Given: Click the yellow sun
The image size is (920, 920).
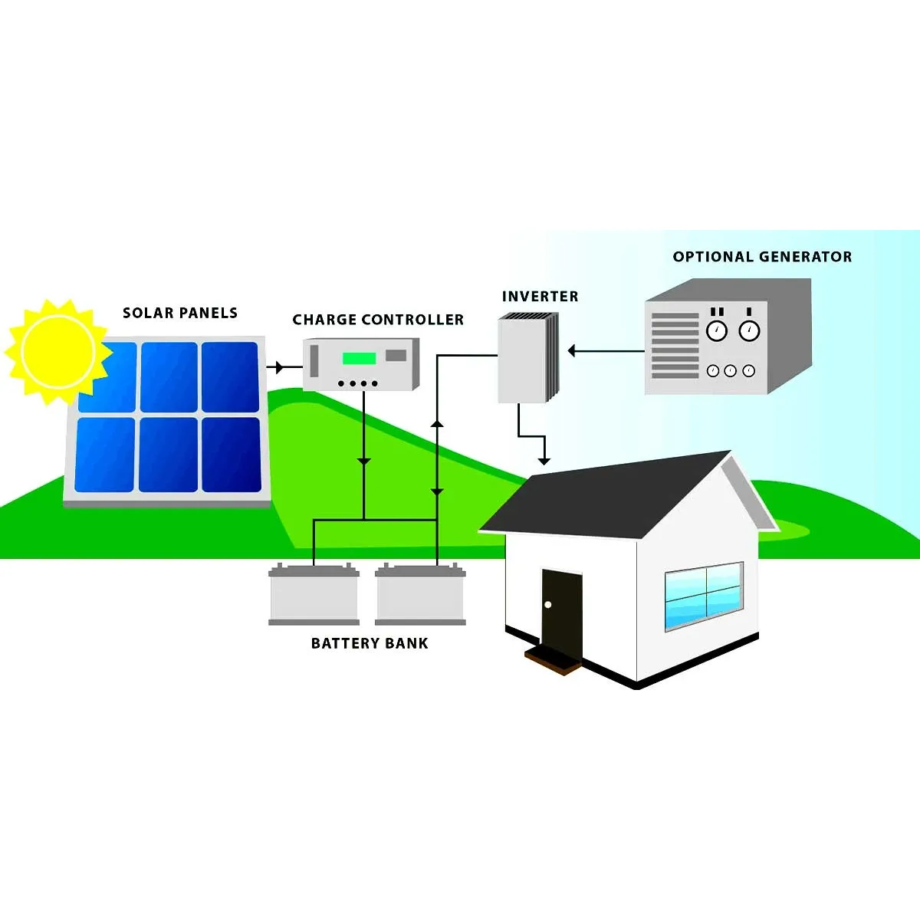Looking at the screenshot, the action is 58,352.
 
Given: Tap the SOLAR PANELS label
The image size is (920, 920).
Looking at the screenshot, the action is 180,314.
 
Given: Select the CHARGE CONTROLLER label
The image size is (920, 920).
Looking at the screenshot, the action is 378,320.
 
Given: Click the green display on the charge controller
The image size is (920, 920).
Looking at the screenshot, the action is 359,358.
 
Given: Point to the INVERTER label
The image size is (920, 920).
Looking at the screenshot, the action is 540,297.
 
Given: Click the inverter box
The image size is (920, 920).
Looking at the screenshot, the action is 528,357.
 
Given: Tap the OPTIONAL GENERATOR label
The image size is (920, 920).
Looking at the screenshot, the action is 762,257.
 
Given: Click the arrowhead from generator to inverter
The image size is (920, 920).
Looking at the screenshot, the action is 571,351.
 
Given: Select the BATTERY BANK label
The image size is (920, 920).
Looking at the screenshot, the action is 370,643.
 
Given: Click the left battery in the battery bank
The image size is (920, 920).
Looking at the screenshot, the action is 314,593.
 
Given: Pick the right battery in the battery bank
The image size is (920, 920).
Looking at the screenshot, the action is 420,593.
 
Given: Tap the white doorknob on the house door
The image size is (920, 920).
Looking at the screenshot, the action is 548,605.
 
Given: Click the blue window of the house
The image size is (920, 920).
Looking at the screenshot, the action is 705,596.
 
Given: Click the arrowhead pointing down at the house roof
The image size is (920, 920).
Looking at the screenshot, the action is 544,462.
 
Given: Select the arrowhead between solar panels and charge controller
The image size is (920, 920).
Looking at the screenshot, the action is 280,367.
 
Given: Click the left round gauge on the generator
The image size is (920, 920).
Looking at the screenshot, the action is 717,330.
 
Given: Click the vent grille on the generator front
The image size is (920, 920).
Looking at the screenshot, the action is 675,346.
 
